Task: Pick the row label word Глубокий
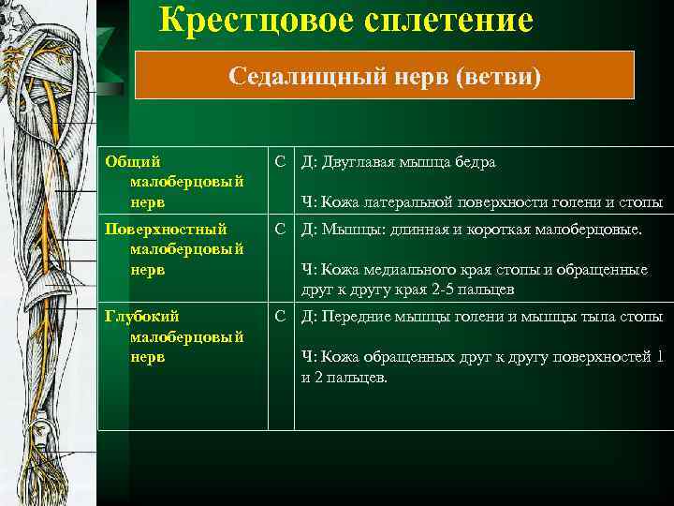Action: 141,317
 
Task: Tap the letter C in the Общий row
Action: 280,162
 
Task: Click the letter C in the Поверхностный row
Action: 280,230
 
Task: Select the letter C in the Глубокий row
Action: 280,317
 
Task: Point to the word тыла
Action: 601,317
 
